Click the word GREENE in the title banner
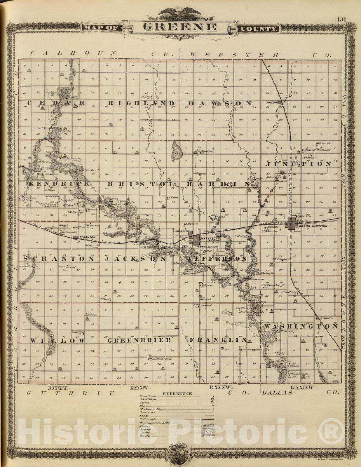coord(180,27)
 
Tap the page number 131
coord(341,20)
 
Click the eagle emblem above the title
coord(180,13)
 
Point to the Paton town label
coord(271,102)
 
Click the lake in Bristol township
coord(177,150)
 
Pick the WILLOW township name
coord(58,341)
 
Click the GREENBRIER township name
coord(139,340)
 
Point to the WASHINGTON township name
coord(301,326)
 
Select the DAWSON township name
coord(220,103)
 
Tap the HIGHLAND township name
coord(141,103)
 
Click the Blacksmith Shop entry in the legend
coord(151,409)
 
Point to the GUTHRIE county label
coord(71,393)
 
